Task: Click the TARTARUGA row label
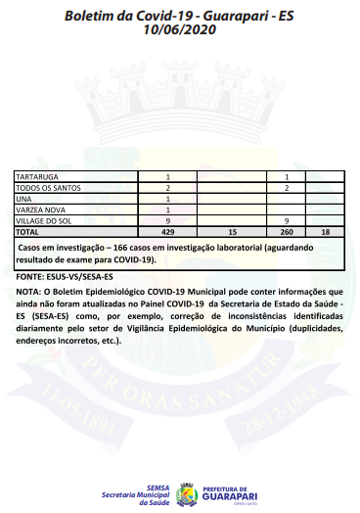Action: coord(35,176)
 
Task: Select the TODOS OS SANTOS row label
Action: coord(45,187)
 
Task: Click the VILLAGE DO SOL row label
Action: coord(42,221)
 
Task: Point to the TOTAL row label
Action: coord(27,233)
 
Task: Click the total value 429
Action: coord(167,233)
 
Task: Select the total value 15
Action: coord(232,233)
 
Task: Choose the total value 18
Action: coord(325,233)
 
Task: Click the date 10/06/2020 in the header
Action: coord(179,31)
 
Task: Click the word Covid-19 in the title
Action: coord(156,17)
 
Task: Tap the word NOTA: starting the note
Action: coord(28,293)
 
